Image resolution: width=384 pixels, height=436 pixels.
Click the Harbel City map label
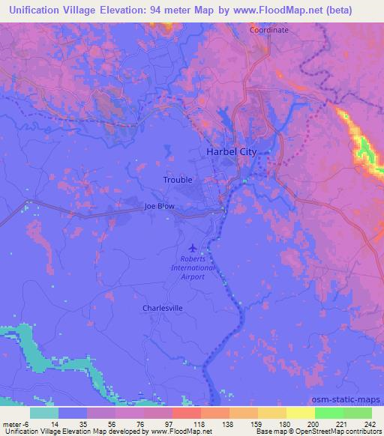[x=231, y=152]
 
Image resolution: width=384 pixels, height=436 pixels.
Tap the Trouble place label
[x=178, y=180]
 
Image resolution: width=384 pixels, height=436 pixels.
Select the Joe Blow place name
[x=159, y=207]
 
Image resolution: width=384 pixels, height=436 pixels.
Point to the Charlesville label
[x=163, y=308]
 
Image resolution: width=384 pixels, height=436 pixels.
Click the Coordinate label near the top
[x=268, y=30]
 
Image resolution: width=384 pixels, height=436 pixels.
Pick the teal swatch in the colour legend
[x=43, y=413]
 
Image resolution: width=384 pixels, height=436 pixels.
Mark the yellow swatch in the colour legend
[x=300, y=413]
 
